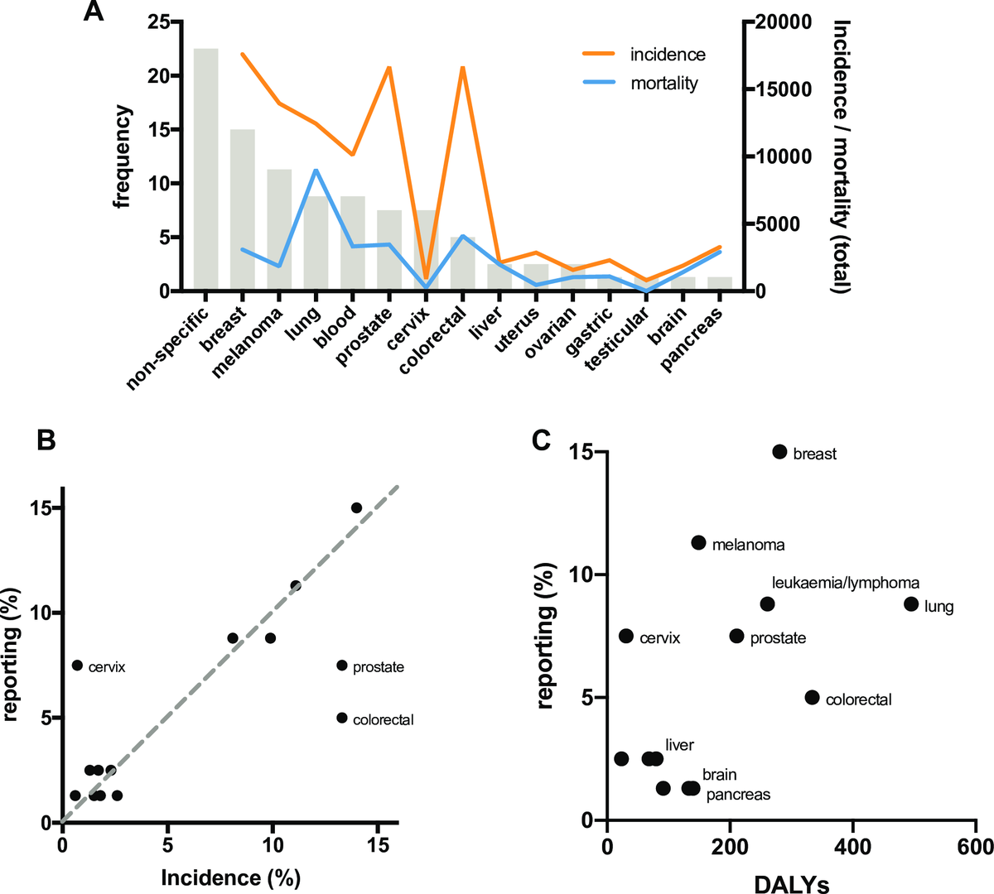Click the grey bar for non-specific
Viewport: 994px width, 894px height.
[x=205, y=170]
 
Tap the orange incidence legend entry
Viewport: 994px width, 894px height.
[x=643, y=55]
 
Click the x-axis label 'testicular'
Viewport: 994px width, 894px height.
[x=616, y=339]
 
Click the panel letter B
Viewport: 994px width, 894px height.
[x=46, y=440]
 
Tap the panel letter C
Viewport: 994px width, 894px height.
[x=541, y=440]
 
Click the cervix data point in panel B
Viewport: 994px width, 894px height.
[x=77, y=666]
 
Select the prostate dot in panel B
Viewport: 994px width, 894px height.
[x=342, y=666]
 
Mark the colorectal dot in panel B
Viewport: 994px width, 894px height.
[x=342, y=718]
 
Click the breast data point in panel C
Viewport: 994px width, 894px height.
[x=779, y=451]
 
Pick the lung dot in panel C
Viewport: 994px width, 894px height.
[x=911, y=604]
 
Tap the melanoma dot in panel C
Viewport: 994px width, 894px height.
[x=698, y=543]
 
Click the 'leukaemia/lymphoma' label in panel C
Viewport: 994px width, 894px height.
[x=845, y=584]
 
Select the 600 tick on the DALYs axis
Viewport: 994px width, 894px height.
[x=976, y=846]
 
